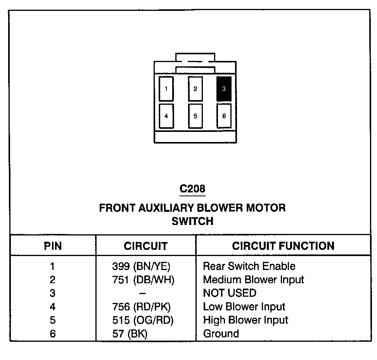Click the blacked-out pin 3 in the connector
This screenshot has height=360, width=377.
pyautogui.click(x=224, y=89)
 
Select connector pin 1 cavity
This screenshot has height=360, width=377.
pyautogui.click(x=166, y=89)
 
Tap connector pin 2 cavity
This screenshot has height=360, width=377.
pyautogui.click(x=195, y=89)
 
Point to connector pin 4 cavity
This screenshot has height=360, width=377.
pyautogui.click(x=166, y=116)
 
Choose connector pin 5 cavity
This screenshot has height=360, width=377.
pyautogui.click(x=195, y=116)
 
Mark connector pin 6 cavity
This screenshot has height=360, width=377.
pyautogui.click(x=224, y=116)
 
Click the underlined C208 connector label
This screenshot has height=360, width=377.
pyautogui.click(x=192, y=189)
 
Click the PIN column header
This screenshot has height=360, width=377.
pyautogui.click(x=53, y=246)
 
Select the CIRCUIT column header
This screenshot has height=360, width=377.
pyautogui.click(x=145, y=246)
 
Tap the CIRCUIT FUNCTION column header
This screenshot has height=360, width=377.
pyautogui.click(x=283, y=246)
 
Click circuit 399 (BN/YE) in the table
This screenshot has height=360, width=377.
pyautogui.click(x=141, y=266)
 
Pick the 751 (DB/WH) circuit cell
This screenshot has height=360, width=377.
pyautogui.click(x=143, y=280)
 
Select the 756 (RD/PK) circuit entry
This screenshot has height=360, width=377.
pyautogui.click(x=141, y=307)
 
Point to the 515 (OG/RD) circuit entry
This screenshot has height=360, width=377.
pyautogui.click(x=143, y=320)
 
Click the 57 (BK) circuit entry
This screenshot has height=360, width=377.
pyautogui.click(x=130, y=334)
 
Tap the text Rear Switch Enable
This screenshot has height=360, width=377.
pyautogui.click(x=249, y=266)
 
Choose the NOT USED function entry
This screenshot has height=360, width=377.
pyautogui.click(x=230, y=293)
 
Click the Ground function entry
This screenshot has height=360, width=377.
pyautogui.click(x=221, y=334)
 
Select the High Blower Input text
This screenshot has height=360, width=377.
pyautogui.click(x=246, y=320)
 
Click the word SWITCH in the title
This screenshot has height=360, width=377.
pyautogui.click(x=192, y=221)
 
